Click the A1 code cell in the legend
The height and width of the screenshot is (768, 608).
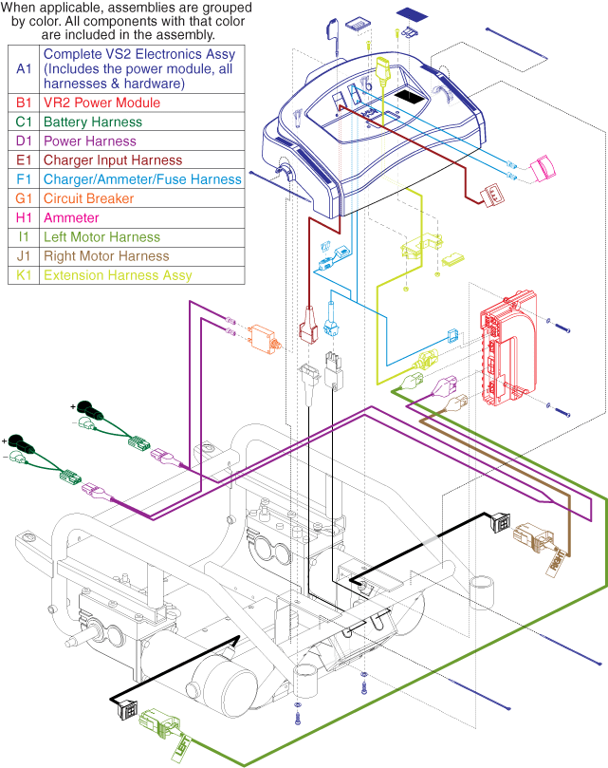(24, 68)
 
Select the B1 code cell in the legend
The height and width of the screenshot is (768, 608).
(24, 103)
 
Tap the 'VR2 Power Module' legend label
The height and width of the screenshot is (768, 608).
(101, 103)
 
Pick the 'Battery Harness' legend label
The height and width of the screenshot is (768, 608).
(93, 122)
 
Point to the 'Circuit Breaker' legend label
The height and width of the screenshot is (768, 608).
(92, 199)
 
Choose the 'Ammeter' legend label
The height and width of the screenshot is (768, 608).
(71, 218)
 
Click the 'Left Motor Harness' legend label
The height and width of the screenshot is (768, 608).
(101, 237)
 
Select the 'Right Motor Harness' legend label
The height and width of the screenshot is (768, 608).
(106, 256)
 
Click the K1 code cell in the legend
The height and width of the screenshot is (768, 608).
(24, 275)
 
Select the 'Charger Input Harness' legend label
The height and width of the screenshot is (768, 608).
(113, 160)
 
